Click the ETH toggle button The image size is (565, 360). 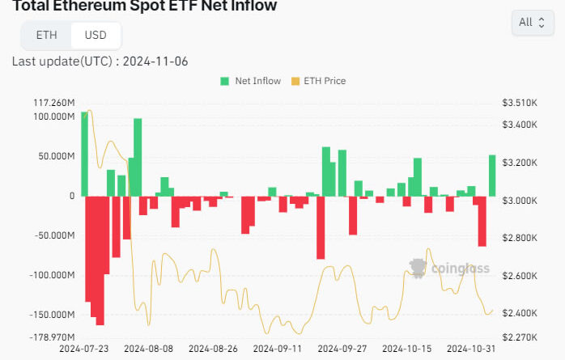point(47,35)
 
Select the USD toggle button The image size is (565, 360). point(96,35)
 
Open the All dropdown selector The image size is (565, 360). point(532,23)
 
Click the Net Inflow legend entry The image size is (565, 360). point(251,81)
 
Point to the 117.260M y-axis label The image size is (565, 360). point(55,103)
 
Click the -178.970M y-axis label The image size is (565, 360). point(53,337)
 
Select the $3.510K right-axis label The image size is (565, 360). point(520,103)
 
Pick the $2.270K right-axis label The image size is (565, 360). point(520,337)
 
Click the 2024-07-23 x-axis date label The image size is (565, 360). point(84,349)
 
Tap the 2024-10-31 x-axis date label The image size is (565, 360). point(472,349)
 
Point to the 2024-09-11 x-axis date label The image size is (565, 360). point(278,349)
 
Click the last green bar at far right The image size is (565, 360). point(492,176)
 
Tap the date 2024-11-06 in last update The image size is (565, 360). point(155,61)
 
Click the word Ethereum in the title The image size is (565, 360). point(89,6)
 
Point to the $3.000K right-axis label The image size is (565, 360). point(520,200)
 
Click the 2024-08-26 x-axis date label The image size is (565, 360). point(213,349)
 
